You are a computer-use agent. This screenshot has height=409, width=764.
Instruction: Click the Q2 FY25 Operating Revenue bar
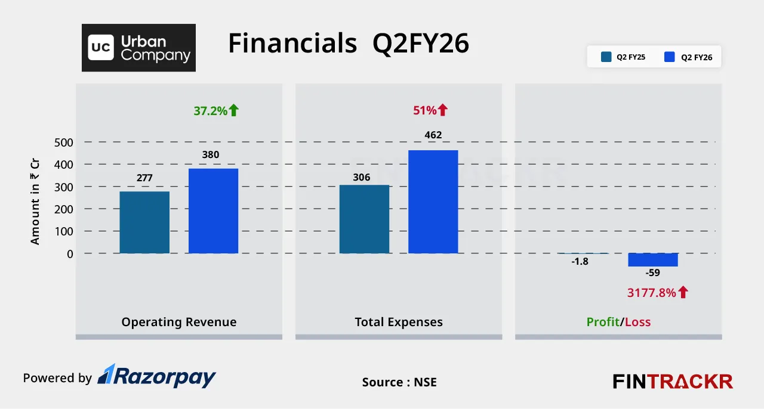(144, 222)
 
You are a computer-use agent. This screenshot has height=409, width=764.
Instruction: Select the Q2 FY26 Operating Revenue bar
(213, 210)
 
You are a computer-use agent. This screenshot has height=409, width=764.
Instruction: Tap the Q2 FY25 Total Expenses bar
(364, 219)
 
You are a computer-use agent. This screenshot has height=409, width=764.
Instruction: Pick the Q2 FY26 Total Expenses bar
(433, 202)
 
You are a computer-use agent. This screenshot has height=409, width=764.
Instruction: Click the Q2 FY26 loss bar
(652, 259)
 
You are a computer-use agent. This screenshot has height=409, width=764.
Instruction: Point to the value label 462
(433, 135)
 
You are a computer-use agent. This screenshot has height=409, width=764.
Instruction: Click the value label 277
(144, 177)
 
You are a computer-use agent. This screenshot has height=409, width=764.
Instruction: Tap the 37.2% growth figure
(210, 110)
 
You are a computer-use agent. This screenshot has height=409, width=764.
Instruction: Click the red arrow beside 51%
(442, 110)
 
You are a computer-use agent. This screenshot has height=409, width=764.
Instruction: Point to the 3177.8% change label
(651, 292)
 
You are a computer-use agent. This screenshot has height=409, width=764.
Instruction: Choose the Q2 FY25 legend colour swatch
(606, 57)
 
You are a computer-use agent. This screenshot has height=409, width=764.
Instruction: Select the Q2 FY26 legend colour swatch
(670, 57)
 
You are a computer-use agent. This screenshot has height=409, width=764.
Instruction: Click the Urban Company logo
(138, 48)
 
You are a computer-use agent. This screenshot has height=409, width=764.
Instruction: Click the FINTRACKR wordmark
(673, 381)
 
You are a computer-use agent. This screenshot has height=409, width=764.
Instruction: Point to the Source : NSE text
(399, 382)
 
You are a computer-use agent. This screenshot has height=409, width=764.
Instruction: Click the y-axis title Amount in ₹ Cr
(35, 202)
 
